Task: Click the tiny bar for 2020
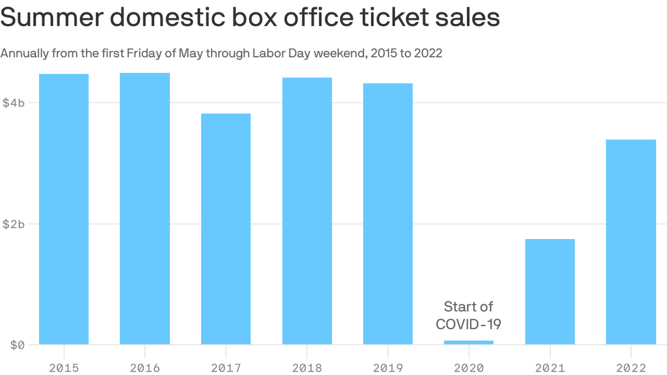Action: [x=469, y=342]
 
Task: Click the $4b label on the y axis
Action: [x=14, y=103]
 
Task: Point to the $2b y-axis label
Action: [x=14, y=224]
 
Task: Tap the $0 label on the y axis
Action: [x=18, y=345]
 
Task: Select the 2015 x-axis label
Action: [x=63, y=368]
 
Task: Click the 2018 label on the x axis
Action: [x=307, y=368]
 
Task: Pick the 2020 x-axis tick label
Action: [x=469, y=368]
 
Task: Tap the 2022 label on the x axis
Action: [x=631, y=368]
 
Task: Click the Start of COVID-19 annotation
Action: [x=469, y=315]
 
